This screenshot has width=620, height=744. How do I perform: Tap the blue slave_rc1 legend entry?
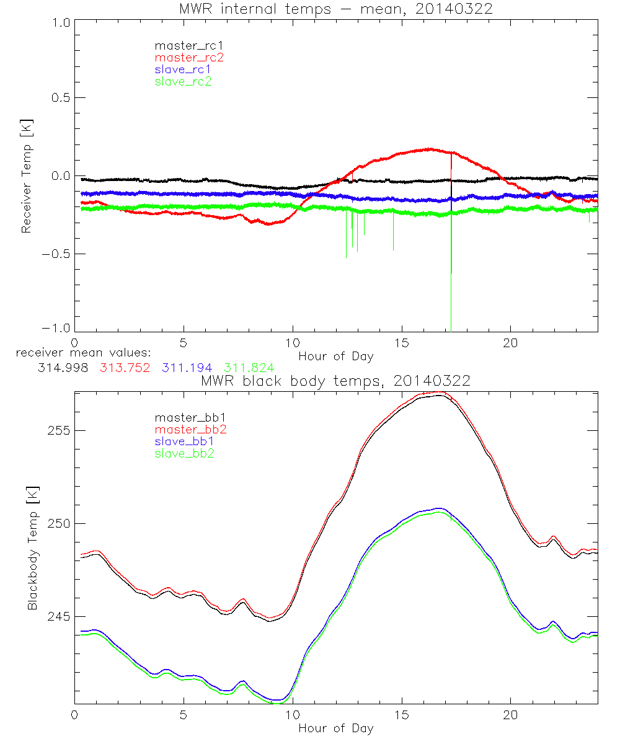183,69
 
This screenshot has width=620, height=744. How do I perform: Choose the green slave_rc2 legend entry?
183,81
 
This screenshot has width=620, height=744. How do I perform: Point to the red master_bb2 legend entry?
185,430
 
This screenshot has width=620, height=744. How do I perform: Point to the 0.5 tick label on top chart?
60,98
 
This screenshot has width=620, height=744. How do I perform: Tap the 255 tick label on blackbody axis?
60,430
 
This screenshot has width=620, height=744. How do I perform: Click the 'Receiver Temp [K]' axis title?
26,175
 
